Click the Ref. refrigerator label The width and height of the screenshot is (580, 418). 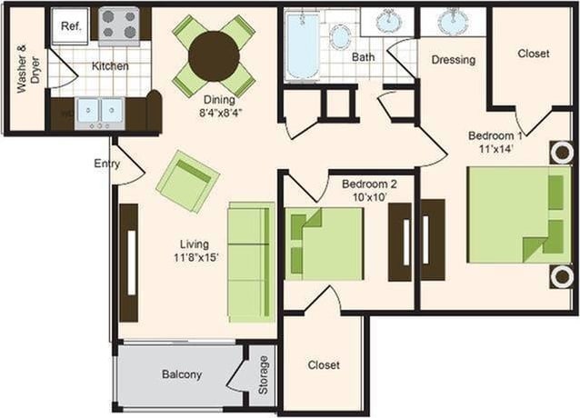(70, 26)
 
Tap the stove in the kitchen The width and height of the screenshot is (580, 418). (119, 25)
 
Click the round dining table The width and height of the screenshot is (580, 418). (214, 56)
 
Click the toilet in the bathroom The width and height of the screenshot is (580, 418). (341, 37)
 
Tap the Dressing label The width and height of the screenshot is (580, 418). (453, 61)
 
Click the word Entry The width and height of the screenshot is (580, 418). (107, 164)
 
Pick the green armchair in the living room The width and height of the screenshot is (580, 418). (187, 180)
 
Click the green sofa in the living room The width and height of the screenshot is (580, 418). (250, 261)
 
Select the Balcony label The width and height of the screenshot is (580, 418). (182, 374)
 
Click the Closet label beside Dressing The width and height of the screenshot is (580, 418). (533, 54)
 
